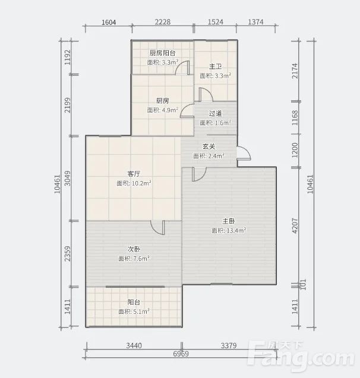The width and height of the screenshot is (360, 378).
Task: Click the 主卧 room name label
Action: [228, 221]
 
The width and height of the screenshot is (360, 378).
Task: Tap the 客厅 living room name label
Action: [134, 174]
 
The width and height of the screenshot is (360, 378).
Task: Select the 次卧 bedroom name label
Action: [134, 249]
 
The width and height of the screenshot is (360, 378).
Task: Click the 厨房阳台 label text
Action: [162, 53]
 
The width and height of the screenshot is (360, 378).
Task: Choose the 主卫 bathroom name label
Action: [215, 66]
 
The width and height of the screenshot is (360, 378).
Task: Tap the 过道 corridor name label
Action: [215, 113]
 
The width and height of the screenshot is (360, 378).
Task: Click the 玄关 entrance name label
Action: [209, 147]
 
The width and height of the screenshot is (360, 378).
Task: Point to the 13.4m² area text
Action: [236, 230]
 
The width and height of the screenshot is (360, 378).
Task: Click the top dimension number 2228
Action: [163, 22]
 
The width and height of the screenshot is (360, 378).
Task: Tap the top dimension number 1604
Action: [109, 23]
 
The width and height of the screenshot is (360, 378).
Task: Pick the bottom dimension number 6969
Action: [181, 354]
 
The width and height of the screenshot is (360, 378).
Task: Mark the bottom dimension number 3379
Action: [229, 346]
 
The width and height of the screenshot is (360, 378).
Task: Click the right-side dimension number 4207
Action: [295, 225]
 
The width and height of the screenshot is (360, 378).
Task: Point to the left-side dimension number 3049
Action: [68, 178]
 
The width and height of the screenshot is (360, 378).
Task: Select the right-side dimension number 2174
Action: [295, 71]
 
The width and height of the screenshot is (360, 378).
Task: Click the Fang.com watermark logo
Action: [301, 354]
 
